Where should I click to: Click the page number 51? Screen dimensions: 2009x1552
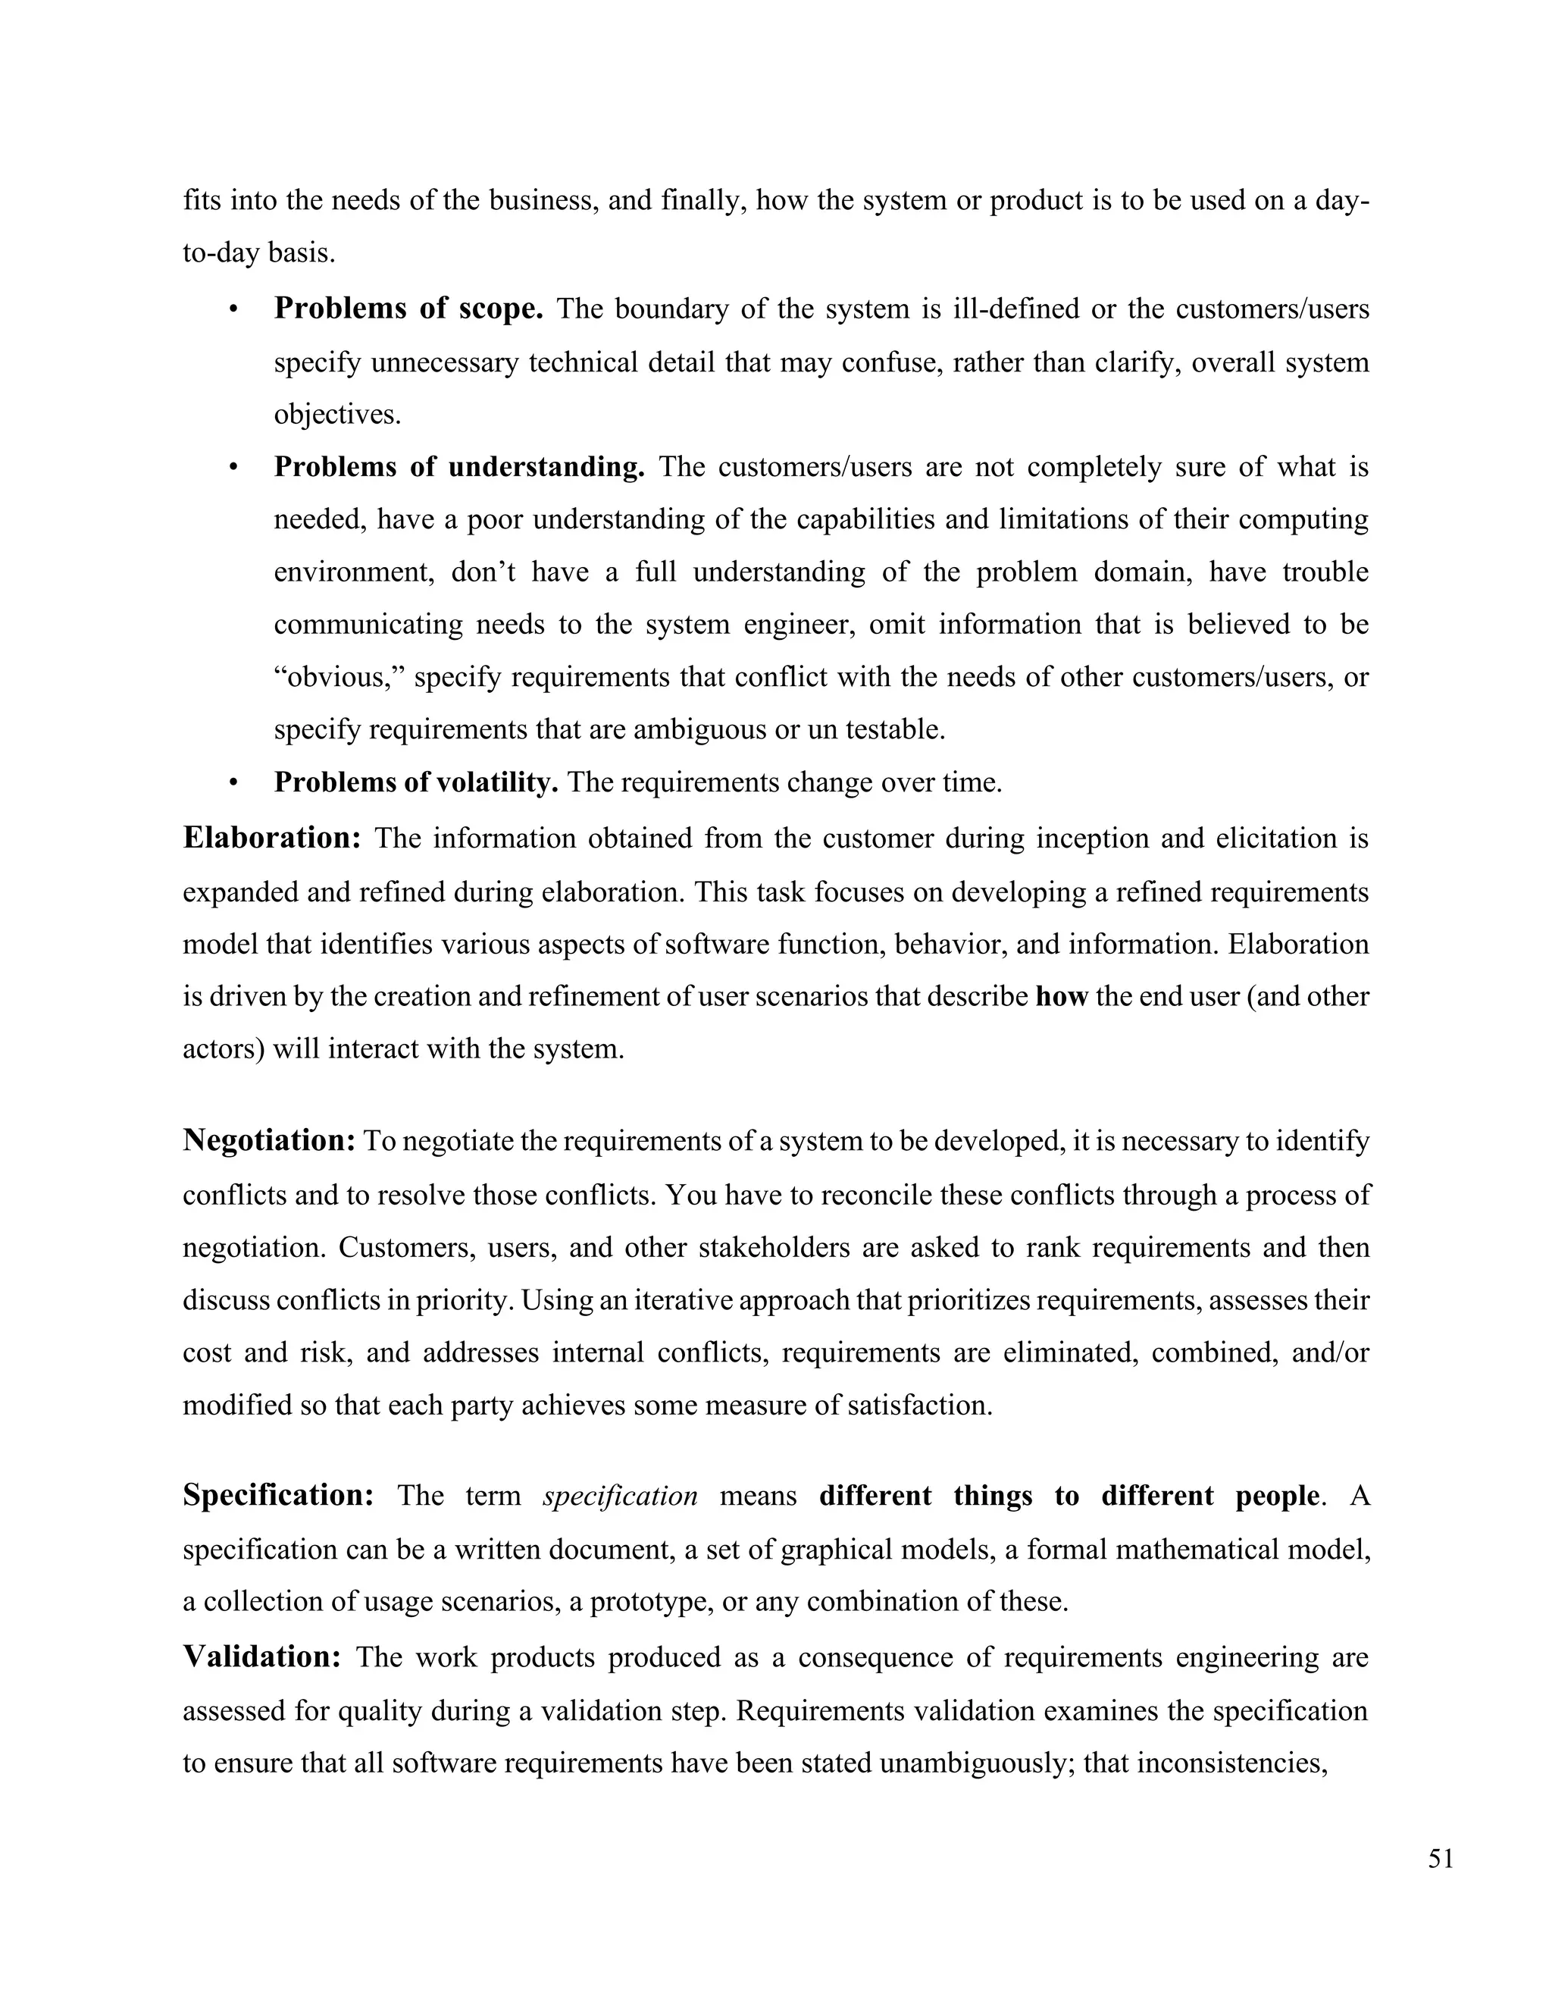tap(1441, 1859)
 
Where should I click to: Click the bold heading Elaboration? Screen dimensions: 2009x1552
tap(272, 838)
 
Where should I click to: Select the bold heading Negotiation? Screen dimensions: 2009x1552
tap(268, 1141)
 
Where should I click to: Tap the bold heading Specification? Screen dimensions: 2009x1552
tap(277, 1496)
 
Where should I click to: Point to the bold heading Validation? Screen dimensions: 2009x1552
tap(262, 1656)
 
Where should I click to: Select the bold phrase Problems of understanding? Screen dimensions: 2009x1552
tap(458, 467)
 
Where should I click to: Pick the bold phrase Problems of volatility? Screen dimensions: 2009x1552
tap(415, 783)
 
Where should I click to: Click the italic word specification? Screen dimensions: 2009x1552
tap(621, 1497)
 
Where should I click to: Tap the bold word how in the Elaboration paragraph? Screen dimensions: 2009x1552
tap(1061, 996)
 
